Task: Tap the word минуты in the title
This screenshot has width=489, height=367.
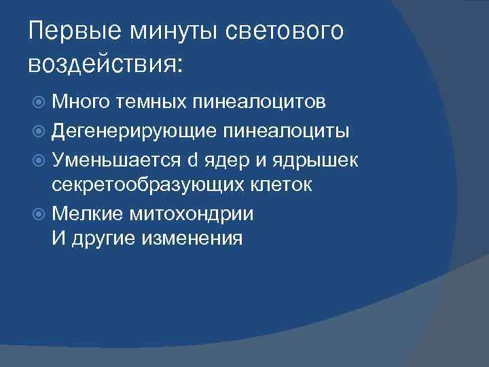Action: coord(164,31)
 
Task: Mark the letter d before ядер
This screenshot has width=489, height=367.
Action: coord(192,160)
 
